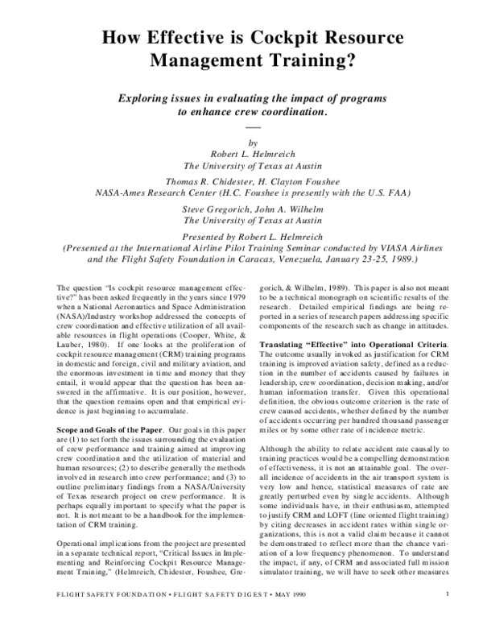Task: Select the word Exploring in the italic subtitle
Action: click(146, 97)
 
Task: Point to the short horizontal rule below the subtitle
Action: click(253, 127)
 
